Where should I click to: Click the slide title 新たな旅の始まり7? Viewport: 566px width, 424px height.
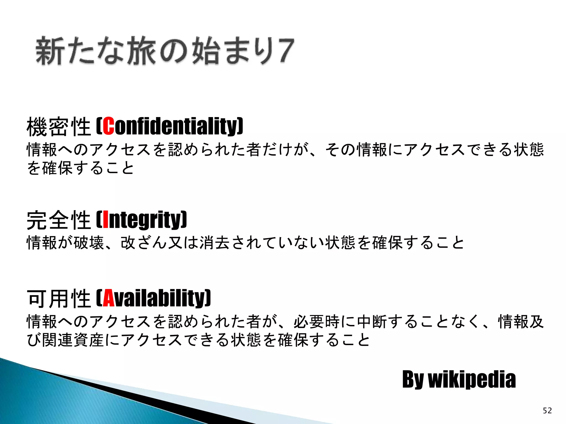pos(165,51)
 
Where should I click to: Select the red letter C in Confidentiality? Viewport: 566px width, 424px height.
pos(108,126)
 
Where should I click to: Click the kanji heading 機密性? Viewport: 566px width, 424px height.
pos(59,127)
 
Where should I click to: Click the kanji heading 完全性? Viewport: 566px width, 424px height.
pos(59,220)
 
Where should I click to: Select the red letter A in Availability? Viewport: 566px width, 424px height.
pos(109,298)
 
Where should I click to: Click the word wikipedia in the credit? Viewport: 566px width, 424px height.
pos(472,380)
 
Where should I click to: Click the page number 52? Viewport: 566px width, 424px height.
pos(547,410)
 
